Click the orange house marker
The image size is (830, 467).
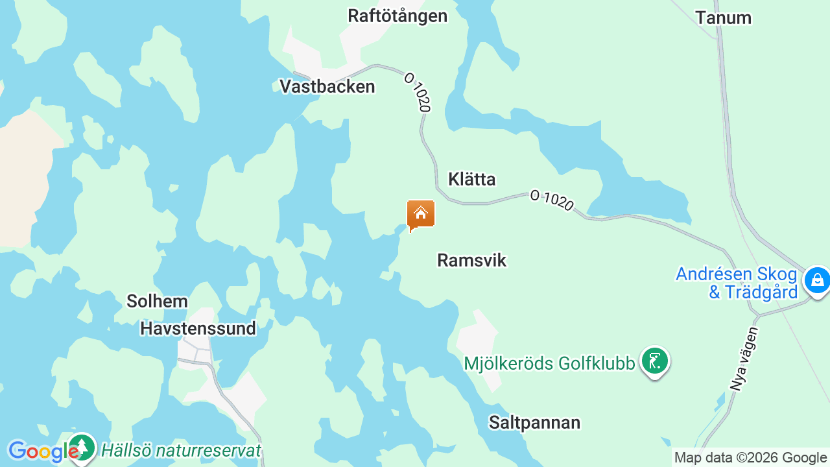click(420, 214)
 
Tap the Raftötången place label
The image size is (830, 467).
click(397, 16)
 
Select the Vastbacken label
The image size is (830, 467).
click(327, 86)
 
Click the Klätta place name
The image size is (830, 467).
click(471, 179)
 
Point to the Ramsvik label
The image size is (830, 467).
click(471, 260)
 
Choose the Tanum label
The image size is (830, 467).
click(723, 18)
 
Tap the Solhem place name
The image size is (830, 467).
click(157, 301)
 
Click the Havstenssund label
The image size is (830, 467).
click(198, 328)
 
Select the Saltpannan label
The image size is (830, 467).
click(534, 423)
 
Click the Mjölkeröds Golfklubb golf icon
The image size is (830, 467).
click(654, 361)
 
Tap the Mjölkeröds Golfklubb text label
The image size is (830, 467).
click(549, 363)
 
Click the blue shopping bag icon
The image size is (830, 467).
click(816, 280)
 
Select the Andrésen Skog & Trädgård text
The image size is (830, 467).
click(737, 283)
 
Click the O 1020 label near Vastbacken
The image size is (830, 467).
click(417, 91)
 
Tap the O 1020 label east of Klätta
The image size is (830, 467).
click(552, 200)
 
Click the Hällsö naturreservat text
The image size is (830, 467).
click(181, 450)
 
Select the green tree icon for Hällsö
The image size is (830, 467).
click(82, 447)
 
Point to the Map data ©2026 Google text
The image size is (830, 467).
click(750, 457)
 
